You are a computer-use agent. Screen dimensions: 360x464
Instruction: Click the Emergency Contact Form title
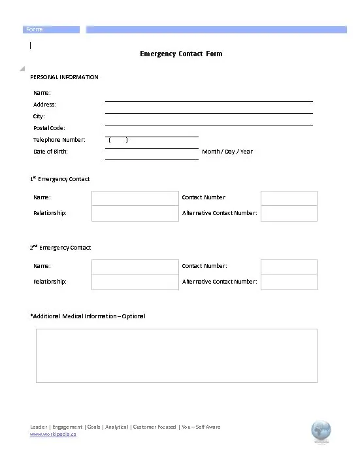pyautogui.click(x=181, y=54)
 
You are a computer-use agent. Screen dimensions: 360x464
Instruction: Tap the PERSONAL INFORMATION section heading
pyautogui.click(x=64, y=77)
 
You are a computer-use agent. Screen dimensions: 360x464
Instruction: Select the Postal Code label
pyautogui.click(x=49, y=128)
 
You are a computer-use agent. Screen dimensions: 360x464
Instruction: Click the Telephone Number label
pyautogui.click(x=59, y=140)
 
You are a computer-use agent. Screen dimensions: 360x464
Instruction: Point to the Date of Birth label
pyautogui.click(x=50, y=152)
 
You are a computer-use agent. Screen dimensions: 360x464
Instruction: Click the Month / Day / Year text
pyautogui.click(x=227, y=152)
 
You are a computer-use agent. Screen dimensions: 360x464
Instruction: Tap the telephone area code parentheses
pyautogui.click(x=118, y=140)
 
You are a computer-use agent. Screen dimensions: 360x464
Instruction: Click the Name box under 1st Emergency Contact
pyautogui.click(x=135, y=198)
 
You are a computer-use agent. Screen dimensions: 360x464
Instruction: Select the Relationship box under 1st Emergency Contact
pyautogui.click(x=135, y=213)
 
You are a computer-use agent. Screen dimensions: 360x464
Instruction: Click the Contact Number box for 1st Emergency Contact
pyautogui.click(x=289, y=198)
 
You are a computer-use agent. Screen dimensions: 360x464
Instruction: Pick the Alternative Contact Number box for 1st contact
pyautogui.click(x=289, y=213)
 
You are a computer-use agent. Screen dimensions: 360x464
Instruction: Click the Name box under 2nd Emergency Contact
pyautogui.click(x=135, y=267)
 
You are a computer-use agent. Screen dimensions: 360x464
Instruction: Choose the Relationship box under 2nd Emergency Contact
pyautogui.click(x=135, y=282)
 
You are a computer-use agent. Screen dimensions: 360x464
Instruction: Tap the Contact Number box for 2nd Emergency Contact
pyautogui.click(x=289, y=267)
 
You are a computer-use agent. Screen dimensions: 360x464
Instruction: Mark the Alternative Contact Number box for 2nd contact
pyautogui.click(x=289, y=282)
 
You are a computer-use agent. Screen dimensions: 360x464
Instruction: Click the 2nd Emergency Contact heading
pyautogui.click(x=60, y=248)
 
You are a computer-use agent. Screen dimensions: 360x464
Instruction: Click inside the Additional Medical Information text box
pyautogui.click(x=176, y=356)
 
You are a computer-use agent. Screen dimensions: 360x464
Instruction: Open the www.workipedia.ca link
pyautogui.click(x=53, y=435)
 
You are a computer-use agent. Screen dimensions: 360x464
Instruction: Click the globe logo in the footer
pyautogui.click(x=321, y=431)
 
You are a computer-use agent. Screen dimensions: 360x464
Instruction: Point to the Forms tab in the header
pyautogui.click(x=34, y=29)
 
